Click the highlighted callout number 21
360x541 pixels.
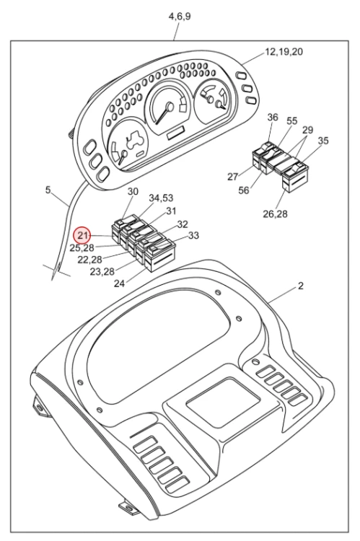(x=83, y=236)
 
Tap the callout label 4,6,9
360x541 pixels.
(x=180, y=16)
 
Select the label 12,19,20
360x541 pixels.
(x=284, y=52)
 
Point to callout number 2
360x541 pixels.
(x=301, y=286)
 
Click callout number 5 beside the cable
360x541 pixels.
(x=48, y=190)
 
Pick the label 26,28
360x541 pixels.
(x=275, y=214)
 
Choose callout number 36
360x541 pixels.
(x=273, y=118)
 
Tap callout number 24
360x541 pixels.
(x=119, y=283)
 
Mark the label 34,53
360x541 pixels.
(x=161, y=198)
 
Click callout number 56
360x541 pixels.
(x=244, y=190)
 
